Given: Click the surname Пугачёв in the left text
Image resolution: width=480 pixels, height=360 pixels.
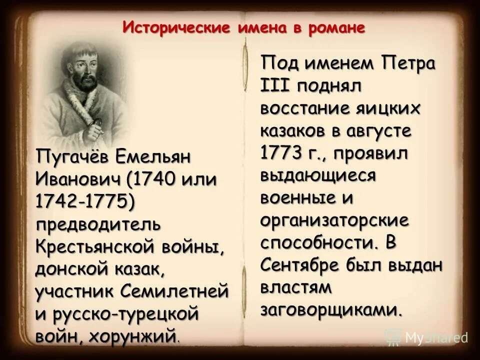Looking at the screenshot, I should click(71, 157).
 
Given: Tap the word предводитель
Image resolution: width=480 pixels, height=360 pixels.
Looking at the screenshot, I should click(98, 223).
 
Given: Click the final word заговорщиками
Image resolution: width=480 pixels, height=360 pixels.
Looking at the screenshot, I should click(331, 309).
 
